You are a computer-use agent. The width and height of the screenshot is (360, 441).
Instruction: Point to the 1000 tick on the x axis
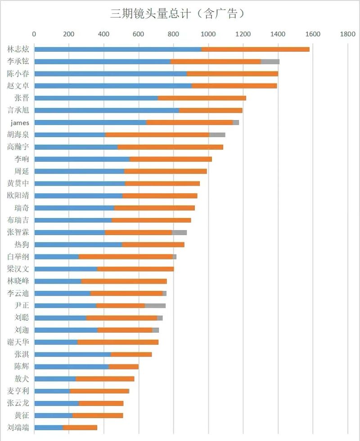click(x=208, y=34)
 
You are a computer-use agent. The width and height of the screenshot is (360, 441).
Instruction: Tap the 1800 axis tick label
click(x=347, y=34)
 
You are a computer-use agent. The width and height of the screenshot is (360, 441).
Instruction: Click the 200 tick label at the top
click(x=69, y=34)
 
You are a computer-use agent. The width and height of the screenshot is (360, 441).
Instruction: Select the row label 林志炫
click(x=18, y=49)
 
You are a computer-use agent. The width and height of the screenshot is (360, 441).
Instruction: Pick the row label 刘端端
click(x=18, y=428)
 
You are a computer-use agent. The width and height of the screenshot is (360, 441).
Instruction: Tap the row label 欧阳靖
click(x=18, y=196)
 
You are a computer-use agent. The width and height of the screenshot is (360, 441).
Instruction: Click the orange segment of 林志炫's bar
click(x=255, y=49)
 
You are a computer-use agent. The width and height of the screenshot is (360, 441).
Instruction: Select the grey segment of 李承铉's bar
click(x=270, y=61)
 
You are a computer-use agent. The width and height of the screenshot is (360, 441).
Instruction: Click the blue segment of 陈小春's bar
click(x=110, y=73)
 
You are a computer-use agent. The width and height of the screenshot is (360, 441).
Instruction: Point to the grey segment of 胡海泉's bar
click(x=217, y=134)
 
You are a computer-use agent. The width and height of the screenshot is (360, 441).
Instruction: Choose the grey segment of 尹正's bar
click(x=155, y=306)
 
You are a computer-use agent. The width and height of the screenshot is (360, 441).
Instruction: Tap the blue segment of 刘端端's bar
click(x=49, y=428)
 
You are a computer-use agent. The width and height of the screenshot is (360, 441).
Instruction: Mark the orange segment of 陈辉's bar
click(x=124, y=366)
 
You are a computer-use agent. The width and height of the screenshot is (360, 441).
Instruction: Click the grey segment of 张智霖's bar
click(x=179, y=232)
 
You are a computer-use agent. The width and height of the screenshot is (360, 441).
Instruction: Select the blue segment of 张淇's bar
click(x=72, y=354)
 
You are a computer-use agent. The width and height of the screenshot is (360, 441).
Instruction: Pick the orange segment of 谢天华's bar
click(x=118, y=342)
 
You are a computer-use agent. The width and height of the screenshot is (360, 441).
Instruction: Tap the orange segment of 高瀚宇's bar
click(x=170, y=147)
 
